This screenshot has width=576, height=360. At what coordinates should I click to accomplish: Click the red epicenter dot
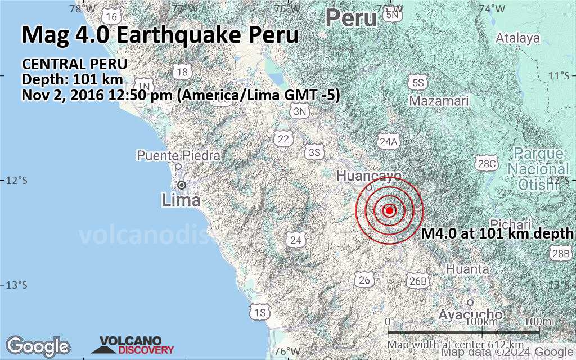[389, 210]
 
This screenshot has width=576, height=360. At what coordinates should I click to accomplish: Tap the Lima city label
[181, 200]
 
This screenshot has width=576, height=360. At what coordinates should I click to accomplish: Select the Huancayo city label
[369, 176]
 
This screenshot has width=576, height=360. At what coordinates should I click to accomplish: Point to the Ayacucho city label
[470, 314]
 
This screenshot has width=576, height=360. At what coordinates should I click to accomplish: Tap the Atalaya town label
[518, 38]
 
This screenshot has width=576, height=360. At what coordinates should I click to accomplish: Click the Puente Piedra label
[178, 155]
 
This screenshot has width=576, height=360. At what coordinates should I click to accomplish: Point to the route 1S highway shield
[259, 312]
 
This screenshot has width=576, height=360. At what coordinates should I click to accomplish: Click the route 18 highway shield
[182, 72]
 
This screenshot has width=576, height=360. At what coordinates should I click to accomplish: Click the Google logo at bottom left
[37, 345]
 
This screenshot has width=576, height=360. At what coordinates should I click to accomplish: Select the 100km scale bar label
[482, 321]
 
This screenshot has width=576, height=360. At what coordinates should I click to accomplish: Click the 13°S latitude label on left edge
[16, 285]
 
